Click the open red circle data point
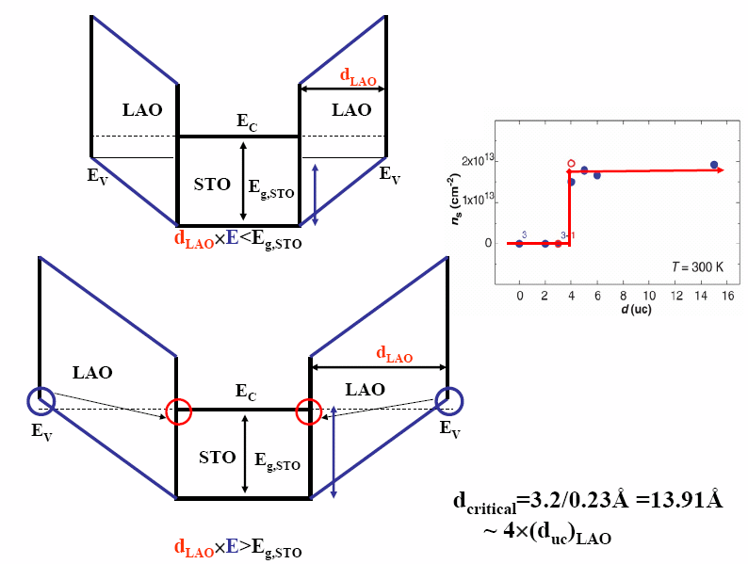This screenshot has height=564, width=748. click(571, 164)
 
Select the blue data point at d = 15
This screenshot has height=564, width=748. click(714, 165)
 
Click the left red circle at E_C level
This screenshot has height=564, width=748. click(178, 411)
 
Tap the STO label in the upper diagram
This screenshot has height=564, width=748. click(212, 185)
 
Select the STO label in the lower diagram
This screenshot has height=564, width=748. click(217, 458)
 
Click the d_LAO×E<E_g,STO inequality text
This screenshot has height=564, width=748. click(238, 239)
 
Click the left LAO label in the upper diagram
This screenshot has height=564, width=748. click(142, 110)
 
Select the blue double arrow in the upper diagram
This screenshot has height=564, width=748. click(316, 194)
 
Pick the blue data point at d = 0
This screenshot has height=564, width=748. click(519, 243)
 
